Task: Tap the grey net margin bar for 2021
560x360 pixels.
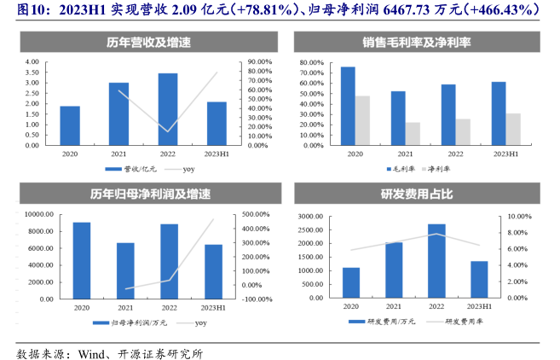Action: click(413, 134)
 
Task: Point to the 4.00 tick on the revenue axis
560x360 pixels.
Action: click(32, 62)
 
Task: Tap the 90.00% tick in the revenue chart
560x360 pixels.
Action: click(259, 62)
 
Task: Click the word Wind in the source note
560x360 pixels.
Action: click(91, 350)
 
